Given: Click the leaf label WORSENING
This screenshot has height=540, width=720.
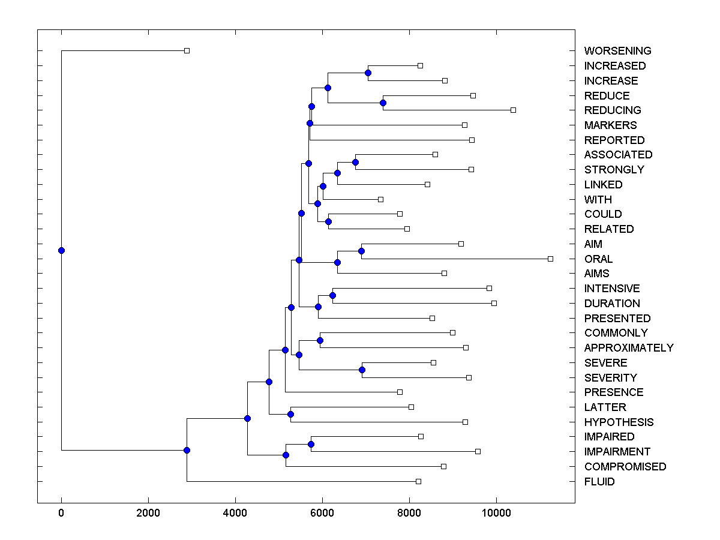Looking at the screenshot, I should click(x=617, y=51).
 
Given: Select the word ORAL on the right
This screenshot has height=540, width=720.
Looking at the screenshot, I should click(x=598, y=259).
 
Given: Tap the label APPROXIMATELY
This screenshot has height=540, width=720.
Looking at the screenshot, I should click(x=628, y=348).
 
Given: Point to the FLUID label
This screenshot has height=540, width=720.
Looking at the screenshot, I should click(x=599, y=482).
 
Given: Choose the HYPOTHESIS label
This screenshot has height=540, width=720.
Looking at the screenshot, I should click(x=619, y=422).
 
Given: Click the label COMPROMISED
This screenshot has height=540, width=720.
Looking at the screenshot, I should click(x=625, y=467).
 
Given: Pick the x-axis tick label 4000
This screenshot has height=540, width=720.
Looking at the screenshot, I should click(x=235, y=512).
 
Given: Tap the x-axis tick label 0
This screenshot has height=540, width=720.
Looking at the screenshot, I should click(x=61, y=512).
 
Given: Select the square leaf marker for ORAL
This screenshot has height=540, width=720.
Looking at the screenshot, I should click(x=550, y=259).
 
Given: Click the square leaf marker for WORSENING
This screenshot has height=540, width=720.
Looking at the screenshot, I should click(x=187, y=50).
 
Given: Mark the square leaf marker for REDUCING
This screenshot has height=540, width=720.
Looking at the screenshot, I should click(x=513, y=110).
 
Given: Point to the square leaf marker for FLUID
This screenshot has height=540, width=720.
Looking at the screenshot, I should click(x=418, y=481).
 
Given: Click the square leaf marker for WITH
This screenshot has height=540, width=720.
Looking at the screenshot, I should click(x=380, y=199).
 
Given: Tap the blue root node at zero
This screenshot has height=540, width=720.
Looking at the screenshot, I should click(x=61, y=251).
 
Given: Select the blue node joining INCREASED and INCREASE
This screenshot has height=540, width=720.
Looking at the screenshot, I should click(x=368, y=73).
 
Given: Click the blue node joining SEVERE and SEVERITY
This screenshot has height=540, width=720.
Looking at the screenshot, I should click(x=362, y=370).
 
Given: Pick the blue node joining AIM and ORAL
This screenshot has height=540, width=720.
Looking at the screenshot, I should click(x=361, y=251).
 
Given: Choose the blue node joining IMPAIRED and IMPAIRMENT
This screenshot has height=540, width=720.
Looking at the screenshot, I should click(x=311, y=444).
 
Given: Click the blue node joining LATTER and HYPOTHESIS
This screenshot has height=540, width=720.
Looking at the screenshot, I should click(x=290, y=414).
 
